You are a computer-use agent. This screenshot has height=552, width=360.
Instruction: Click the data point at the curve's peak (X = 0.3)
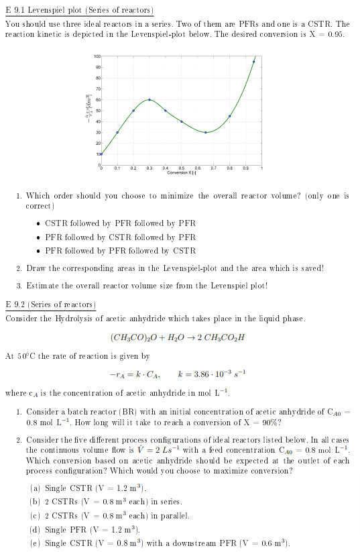tap(149, 99)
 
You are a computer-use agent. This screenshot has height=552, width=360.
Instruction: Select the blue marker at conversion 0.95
tap(253, 61)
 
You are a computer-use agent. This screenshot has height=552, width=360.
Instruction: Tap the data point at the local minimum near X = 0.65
tap(206, 132)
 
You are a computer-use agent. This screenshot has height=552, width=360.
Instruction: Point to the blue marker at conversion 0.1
tap(117, 132)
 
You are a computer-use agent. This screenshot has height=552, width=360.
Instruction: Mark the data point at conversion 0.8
tap(230, 116)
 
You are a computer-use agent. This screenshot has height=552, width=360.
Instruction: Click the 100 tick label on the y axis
tap(97, 56)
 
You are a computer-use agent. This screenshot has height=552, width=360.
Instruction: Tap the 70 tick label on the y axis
tap(98, 89)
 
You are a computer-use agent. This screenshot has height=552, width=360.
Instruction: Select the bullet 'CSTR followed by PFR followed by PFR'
tap(120, 223)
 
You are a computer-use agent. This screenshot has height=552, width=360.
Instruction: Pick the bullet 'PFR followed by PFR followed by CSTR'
tap(120, 250)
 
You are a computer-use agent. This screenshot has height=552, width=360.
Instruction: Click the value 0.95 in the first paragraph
tap(338, 34)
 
